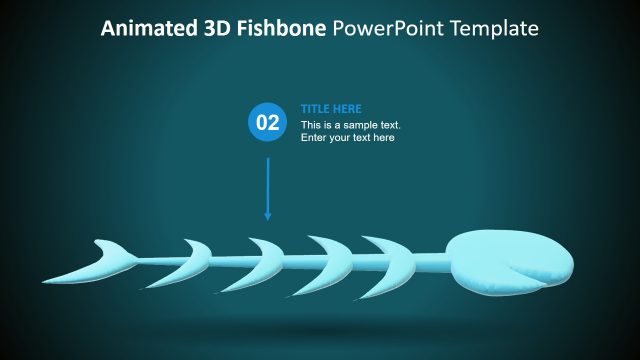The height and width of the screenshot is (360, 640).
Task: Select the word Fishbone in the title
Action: [281, 29]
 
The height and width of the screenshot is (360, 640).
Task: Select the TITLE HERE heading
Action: [331, 109]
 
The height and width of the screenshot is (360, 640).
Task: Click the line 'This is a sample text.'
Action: [350, 125]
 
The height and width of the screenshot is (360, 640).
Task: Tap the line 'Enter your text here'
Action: [347, 138]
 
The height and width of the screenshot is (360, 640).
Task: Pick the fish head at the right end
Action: [510, 263]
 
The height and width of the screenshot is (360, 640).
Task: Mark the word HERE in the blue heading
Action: [348, 109]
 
